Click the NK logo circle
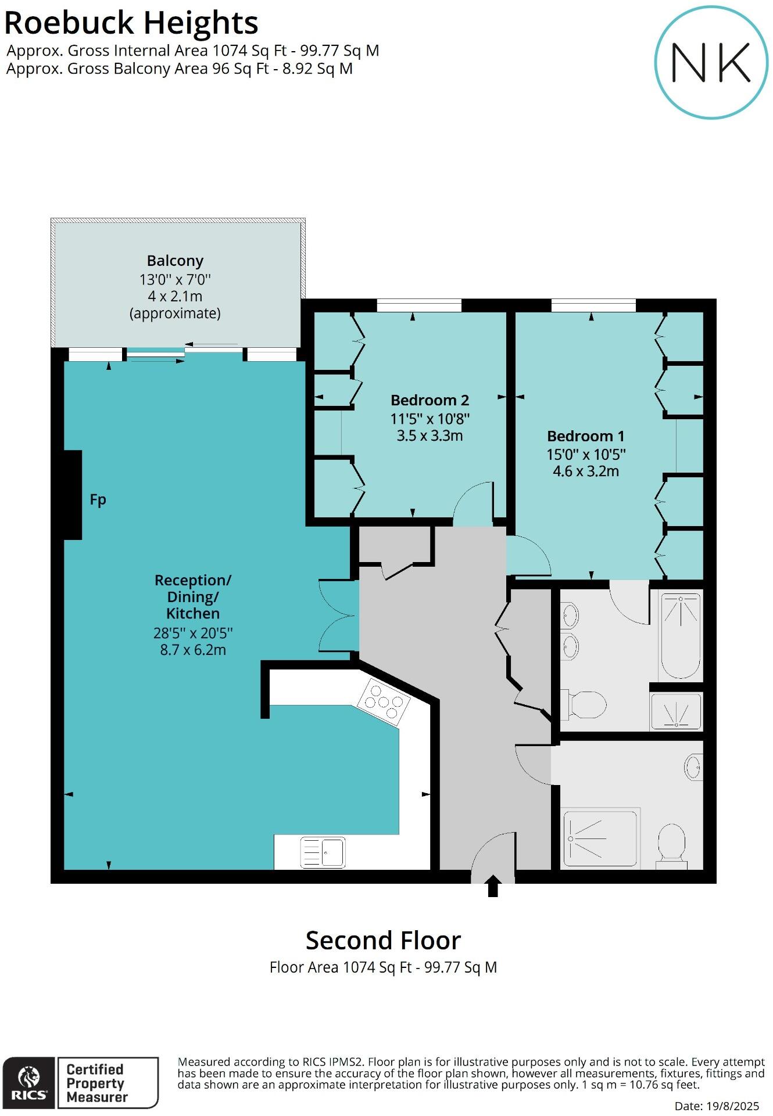click(x=711, y=62)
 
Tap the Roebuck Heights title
click(x=131, y=24)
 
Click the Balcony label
click(x=175, y=261)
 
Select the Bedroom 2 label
click(x=430, y=400)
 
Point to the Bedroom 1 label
click(x=585, y=436)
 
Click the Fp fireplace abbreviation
click(x=98, y=499)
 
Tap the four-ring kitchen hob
click(x=383, y=701)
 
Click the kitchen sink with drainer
click(x=323, y=852)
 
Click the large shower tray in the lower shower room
click(x=600, y=838)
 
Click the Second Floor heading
click(x=383, y=940)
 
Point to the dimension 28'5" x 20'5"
click(x=193, y=633)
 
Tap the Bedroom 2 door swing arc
click(x=472, y=503)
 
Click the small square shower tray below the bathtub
click(x=676, y=711)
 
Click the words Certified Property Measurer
click(x=96, y=1083)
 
